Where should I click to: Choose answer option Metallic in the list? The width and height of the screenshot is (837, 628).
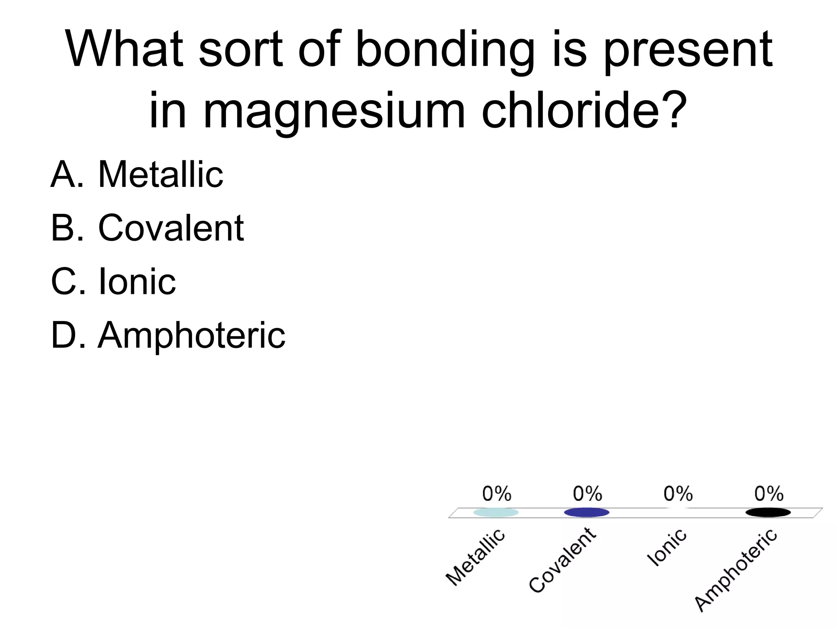(160, 175)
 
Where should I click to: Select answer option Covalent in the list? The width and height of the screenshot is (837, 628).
(171, 228)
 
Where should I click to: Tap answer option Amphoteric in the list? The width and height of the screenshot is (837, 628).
(191, 335)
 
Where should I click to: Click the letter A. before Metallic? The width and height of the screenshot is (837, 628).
(67, 175)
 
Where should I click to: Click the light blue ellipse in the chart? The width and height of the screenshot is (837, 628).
(496, 512)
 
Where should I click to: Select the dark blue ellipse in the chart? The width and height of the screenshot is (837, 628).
(586, 512)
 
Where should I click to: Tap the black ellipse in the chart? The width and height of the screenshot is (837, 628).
(768, 512)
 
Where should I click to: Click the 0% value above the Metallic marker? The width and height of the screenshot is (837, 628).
(497, 494)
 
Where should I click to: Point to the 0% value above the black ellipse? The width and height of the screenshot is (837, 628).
(769, 494)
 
